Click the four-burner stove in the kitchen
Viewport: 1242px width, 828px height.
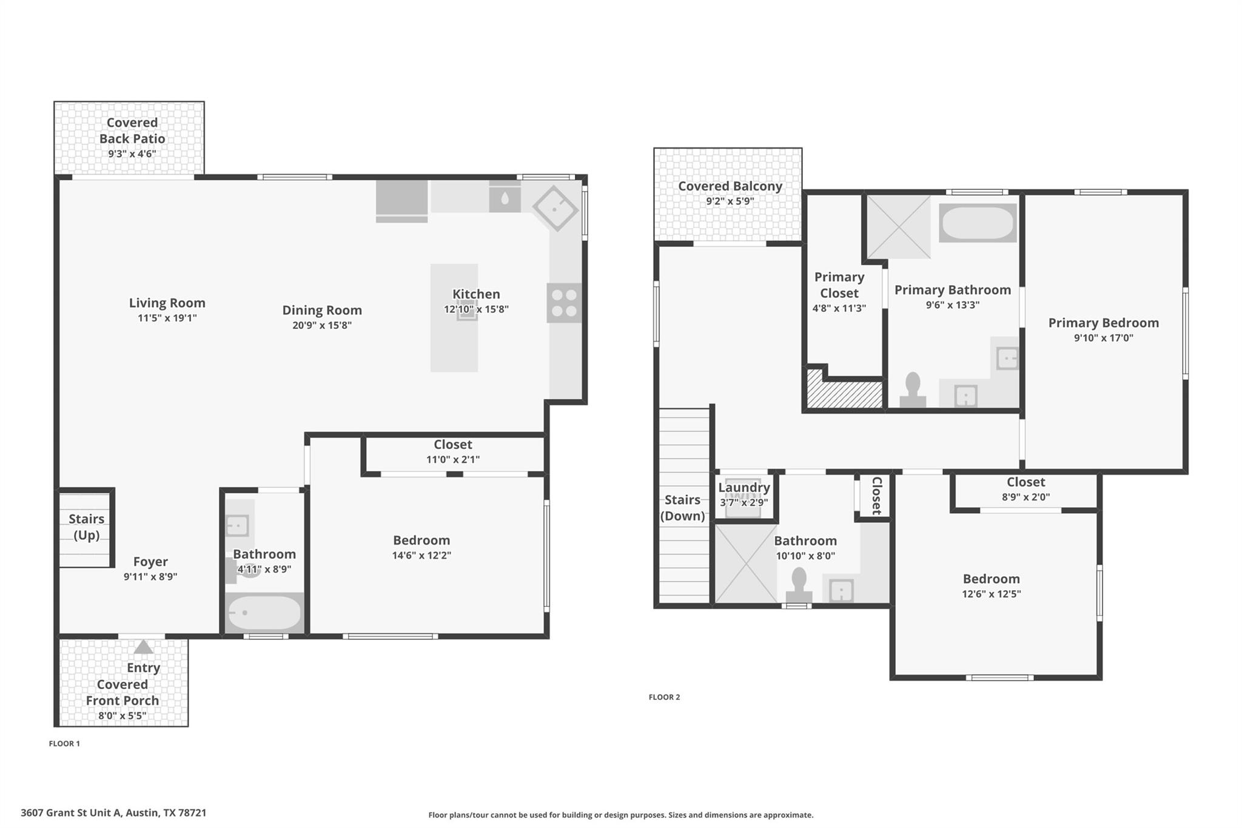(564, 303)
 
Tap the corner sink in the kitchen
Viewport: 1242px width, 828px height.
(556, 207)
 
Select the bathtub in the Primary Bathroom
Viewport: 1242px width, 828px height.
(977, 223)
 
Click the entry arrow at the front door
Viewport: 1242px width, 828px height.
(143, 647)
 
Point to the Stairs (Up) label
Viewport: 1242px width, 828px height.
(86, 527)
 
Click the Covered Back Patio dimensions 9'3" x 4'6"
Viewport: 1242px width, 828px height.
(132, 154)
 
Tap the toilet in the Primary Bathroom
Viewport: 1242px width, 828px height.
(912, 391)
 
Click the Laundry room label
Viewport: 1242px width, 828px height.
(744, 488)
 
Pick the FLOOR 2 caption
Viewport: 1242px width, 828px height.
(664, 697)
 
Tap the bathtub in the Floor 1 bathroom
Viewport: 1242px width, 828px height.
(263, 613)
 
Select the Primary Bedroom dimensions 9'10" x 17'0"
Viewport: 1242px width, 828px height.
(1103, 338)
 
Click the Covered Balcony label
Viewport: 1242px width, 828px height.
(730, 186)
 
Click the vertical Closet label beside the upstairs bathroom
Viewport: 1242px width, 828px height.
(876, 496)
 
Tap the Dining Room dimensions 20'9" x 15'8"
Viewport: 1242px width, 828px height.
(322, 325)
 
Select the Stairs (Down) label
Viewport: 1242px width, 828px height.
(682, 508)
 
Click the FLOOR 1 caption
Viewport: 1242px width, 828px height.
(64, 744)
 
